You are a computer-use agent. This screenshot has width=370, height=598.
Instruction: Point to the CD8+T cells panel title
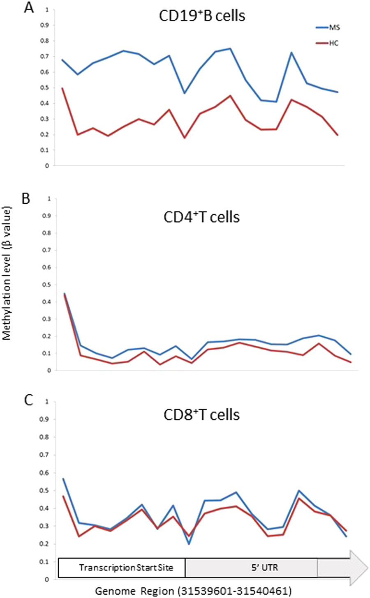(x=201, y=414)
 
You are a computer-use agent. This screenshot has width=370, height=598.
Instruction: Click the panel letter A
(x=29, y=8)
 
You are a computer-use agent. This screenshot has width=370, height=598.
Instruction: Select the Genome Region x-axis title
(x=193, y=591)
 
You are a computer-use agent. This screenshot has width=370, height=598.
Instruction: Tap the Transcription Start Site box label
(x=126, y=568)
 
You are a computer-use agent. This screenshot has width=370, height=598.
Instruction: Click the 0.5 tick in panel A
(x=46, y=88)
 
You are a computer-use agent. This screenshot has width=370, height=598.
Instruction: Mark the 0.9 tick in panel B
(x=46, y=216)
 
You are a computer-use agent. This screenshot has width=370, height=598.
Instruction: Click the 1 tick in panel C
(x=48, y=402)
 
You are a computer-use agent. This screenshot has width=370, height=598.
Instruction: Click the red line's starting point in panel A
(x=62, y=88)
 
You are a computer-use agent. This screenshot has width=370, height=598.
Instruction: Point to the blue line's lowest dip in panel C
(x=188, y=544)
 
